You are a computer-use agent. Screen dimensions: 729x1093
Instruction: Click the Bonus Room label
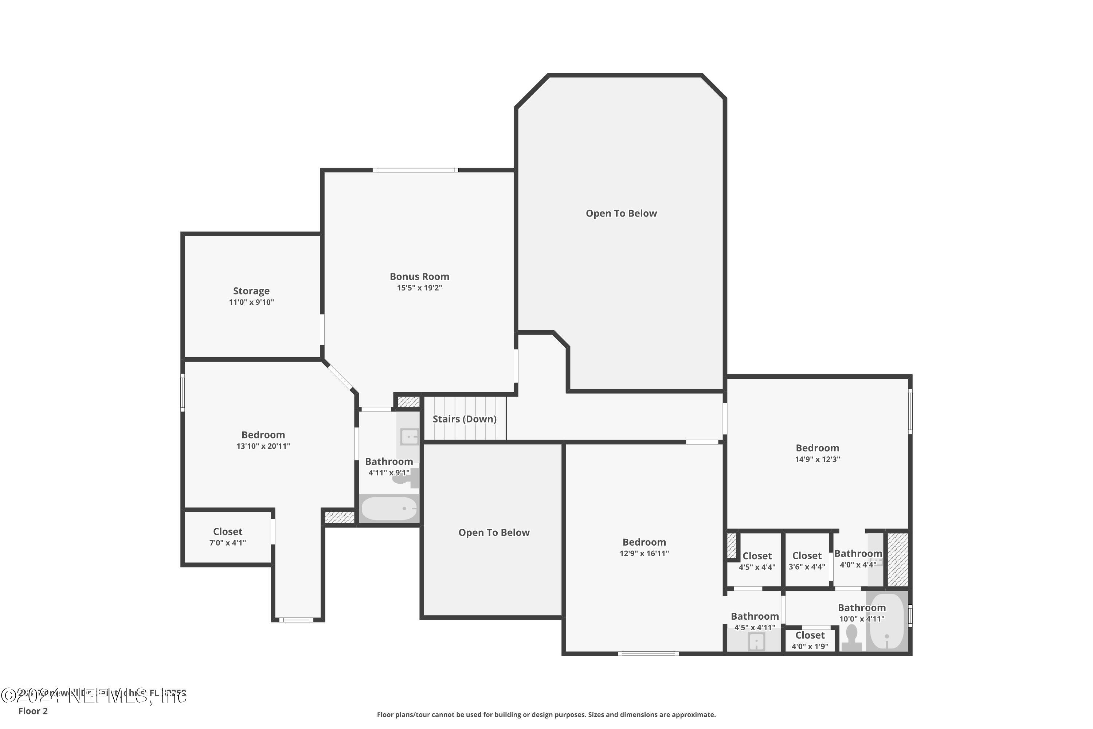point(419,277)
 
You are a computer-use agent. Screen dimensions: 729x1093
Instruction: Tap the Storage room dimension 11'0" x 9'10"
point(251,302)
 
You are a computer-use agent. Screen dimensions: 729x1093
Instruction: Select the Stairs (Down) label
point(464,419)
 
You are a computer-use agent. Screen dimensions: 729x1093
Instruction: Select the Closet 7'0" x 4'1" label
point(227,531)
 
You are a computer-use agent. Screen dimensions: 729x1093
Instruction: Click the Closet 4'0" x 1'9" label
point(810,635)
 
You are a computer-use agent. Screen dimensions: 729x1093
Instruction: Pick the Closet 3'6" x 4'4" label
point(807,555)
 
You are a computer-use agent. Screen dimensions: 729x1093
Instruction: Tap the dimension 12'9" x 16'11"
point(644,553)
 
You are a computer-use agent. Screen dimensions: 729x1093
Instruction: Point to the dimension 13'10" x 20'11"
point(263,446)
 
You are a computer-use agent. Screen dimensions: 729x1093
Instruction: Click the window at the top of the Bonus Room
point(415,170)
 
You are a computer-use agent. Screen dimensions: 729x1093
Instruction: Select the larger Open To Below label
point(621,213)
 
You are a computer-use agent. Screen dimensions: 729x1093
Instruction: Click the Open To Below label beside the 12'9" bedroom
point(494,532)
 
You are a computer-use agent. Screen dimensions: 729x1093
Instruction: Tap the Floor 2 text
point(32,711)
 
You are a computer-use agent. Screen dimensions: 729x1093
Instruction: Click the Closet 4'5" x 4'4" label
point(757,555)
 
